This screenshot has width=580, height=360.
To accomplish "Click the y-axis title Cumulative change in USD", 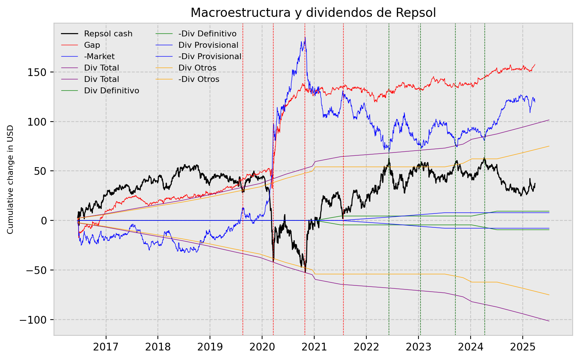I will (x=10, y=179).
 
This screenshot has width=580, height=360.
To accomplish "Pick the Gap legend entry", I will (x=92, y=45).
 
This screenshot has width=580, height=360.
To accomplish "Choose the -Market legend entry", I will (x=99, y=57).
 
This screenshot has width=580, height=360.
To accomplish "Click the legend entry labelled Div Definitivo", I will (x=111, y=91).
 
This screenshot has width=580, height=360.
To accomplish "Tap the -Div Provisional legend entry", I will (x=210, y=57).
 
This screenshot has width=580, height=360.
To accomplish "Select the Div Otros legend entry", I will (x=197, y=68).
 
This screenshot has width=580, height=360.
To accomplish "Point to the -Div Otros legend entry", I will (x=199, y=79).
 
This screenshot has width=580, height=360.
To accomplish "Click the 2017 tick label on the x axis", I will (x=106, y=347).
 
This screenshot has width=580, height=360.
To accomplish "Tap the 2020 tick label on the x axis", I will (x=262, y=347).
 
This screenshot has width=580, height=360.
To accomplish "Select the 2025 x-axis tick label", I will (x=522, y=347).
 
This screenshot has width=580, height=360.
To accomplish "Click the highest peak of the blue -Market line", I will (x=305, y=37).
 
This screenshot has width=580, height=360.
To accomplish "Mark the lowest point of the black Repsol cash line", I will (x=305, y=272).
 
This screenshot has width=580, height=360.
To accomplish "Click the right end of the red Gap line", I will (x=535, y=64).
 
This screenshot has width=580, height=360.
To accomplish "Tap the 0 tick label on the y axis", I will (x=44, y=221).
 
